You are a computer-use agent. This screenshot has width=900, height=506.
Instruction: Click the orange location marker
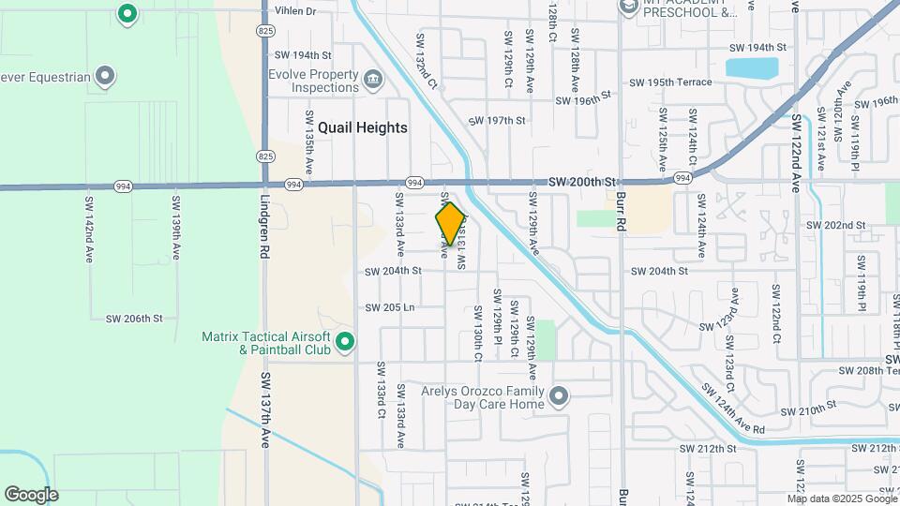coord(451,224)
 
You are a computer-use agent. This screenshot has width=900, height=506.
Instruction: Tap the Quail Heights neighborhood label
coord(362,127)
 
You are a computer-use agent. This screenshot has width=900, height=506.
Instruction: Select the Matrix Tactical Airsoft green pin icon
coord(345,343)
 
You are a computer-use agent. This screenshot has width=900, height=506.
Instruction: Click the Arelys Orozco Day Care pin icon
coord(559,397)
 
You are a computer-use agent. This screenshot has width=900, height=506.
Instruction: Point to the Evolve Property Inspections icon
coord(373,78)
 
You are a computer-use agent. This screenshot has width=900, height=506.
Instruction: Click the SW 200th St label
coord(581,181)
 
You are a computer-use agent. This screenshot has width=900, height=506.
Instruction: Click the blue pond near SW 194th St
coord(752,68)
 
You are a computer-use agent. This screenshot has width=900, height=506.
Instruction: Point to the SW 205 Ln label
coord(390,307)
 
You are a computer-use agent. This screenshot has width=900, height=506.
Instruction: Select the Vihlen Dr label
coord(295,12)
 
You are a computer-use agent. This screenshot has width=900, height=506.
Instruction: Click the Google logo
coord(31,495)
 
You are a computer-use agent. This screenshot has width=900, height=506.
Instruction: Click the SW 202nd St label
coord(836,226)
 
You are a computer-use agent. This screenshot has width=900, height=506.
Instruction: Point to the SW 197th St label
coord(497,121)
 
